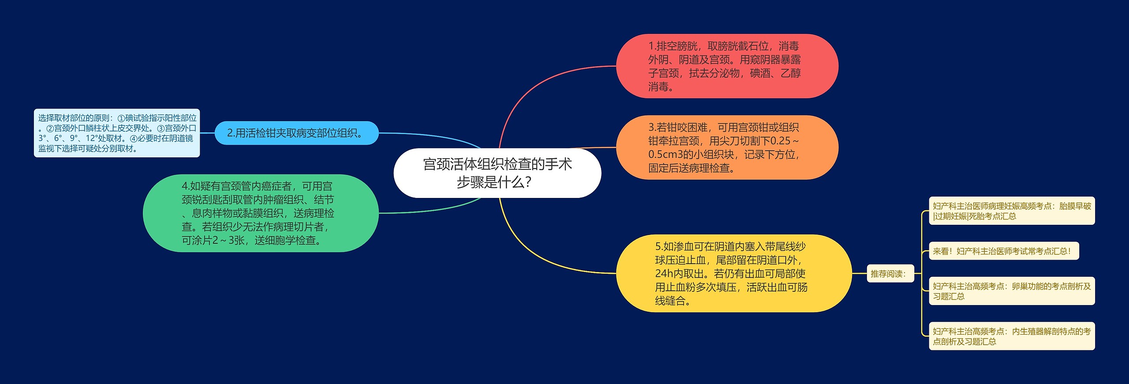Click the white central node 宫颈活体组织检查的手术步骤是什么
(x=497, y=173)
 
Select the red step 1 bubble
(x=727, y=66)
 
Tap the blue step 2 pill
(x=296, y=133)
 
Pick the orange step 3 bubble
(x=727, y=147)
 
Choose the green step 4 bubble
(x=260, y=213)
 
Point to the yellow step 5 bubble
(x=733, y=273)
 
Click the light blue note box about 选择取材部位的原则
(x=117, y=133)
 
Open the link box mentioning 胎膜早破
(x=1011, y=211)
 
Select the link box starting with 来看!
(x=1003, y=251)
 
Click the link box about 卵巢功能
(x=1011, y=291)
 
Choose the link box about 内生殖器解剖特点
(x=1011, y=336)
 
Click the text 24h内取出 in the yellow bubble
(x=681, y=274)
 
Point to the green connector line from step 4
(x=423, y=210)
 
